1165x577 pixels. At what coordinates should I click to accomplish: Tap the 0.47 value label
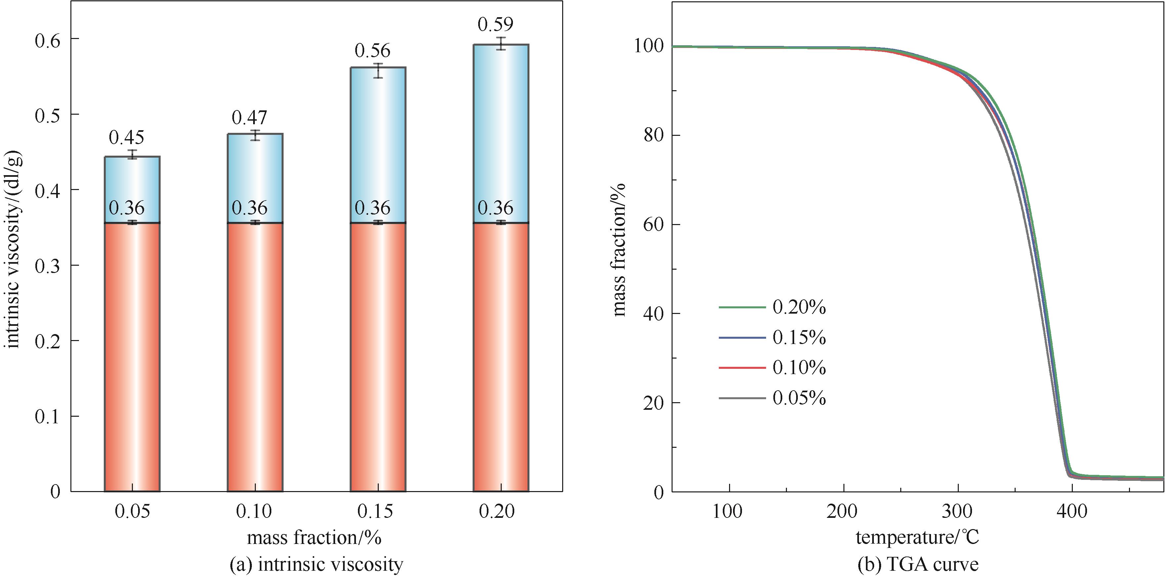(249, 118)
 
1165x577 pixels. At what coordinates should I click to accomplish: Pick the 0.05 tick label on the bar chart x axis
(132, 512)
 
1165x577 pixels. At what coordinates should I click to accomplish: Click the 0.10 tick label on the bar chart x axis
(254, 512)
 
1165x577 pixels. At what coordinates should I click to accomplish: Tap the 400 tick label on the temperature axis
(1072, 512)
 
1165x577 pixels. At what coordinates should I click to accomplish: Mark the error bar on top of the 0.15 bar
(378, 70)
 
